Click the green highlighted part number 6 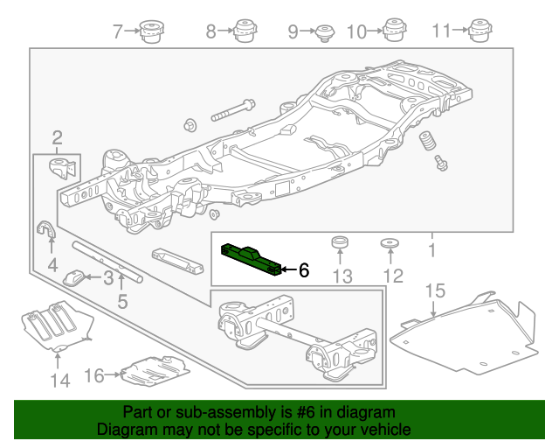[252, 258]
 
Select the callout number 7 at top [118, 32]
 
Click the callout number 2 [57, 137]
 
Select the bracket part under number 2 [63, 168]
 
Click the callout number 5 [122, 302]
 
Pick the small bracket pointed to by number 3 [75, 278]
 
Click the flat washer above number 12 [390, 244]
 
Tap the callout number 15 [434, 290]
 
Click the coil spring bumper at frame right [429, 143]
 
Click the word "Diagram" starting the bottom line [123, 430]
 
